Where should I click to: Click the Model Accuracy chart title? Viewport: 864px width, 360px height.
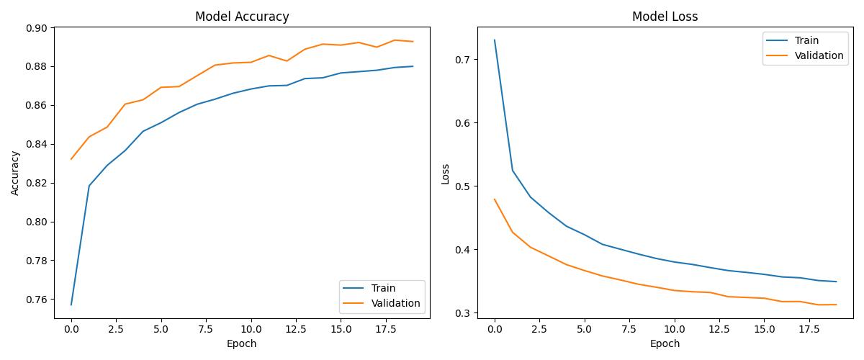242,17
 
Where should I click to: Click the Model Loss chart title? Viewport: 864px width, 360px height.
665,17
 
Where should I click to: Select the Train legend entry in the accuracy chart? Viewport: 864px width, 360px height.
384,288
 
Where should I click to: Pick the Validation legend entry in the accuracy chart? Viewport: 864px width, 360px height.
395,303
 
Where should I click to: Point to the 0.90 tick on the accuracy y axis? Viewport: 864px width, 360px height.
36,28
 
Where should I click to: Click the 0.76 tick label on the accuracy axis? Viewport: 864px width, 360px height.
36,300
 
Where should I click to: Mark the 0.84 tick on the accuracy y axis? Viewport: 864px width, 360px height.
36,144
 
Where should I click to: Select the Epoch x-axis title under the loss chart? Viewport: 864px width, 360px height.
665,344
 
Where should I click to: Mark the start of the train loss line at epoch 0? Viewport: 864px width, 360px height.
495,40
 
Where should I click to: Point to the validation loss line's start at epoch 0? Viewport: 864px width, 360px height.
495,199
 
